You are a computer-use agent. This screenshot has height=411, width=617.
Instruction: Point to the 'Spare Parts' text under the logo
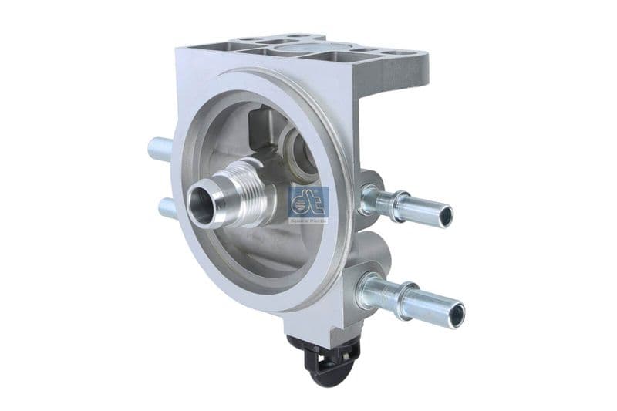(x=308, y=221)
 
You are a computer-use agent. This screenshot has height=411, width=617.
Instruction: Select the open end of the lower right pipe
(x=458, y=312)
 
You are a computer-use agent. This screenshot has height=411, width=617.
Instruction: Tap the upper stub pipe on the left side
(x=160, y=147)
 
